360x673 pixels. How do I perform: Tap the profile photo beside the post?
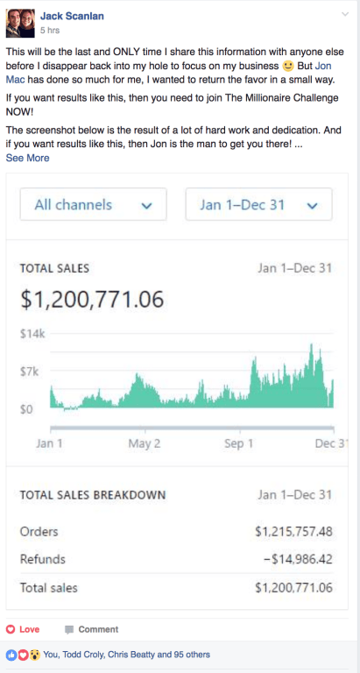tap(19, 20)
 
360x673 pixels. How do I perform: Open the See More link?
tap(27, 158)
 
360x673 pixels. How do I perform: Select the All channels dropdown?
tap(94, 205)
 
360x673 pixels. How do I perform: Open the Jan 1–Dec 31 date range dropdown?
tap(258, 205)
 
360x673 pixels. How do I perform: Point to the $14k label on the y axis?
tap(32, 334)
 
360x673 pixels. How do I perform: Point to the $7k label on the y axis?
tap(31, 372)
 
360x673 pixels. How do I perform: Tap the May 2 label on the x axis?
tap(144, 443)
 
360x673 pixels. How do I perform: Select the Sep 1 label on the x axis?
tap(237, 443)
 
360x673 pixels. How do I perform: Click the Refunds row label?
tap(42, 559)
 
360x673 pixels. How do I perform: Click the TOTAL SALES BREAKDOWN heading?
tap(92, 495)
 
